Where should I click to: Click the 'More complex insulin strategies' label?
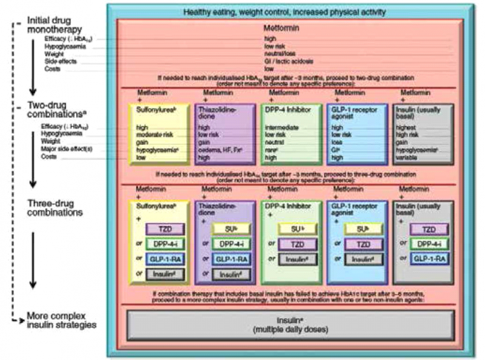[61, 320]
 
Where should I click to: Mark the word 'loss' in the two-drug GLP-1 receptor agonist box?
[338, 142]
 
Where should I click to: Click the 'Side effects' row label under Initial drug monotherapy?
[61, 61]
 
